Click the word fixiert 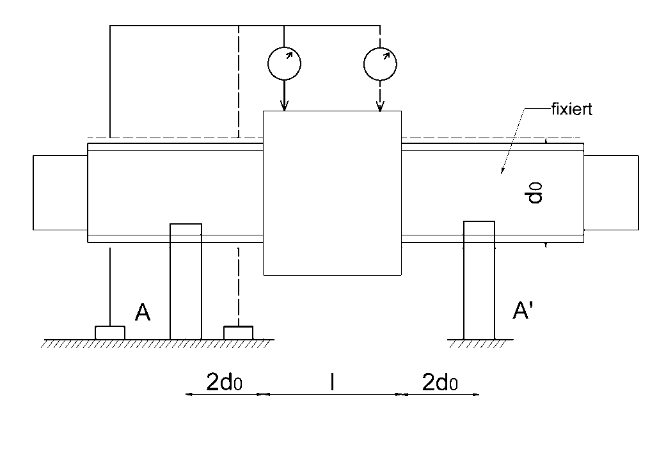click(x=571, y=109)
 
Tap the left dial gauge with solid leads click(x=284, y=62)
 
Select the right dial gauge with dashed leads click(x=380, y=62)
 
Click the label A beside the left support click(x=143, y=313)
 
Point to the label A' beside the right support click(x=526, y=311)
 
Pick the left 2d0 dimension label click(x=224, y=383)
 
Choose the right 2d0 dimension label click(x=440, y=383)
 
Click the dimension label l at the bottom click(x=332, y=383)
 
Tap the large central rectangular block click(x=333, y=193)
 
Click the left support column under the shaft click(x=186, y=282)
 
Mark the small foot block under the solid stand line click(x=110, y=333)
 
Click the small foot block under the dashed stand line click(x=238, y=333)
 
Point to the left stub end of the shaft click(x=59, y=192)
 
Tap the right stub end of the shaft click(x=611, y=192)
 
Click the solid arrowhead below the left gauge click(x=284, y=106)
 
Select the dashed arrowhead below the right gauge click(x=380, y=106)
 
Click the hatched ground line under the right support click(x=479, y=343)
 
